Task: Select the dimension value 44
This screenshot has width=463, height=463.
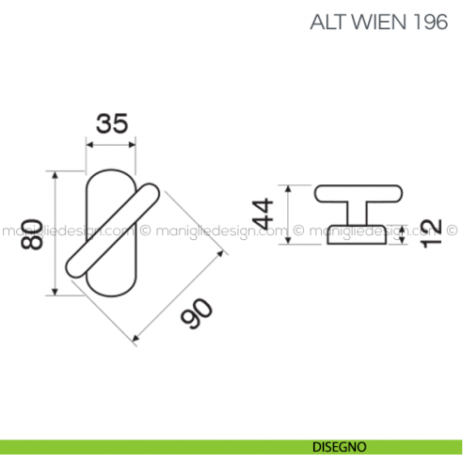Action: (x=265, y=215)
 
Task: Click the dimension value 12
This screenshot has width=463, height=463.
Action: (x=431, y=232)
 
